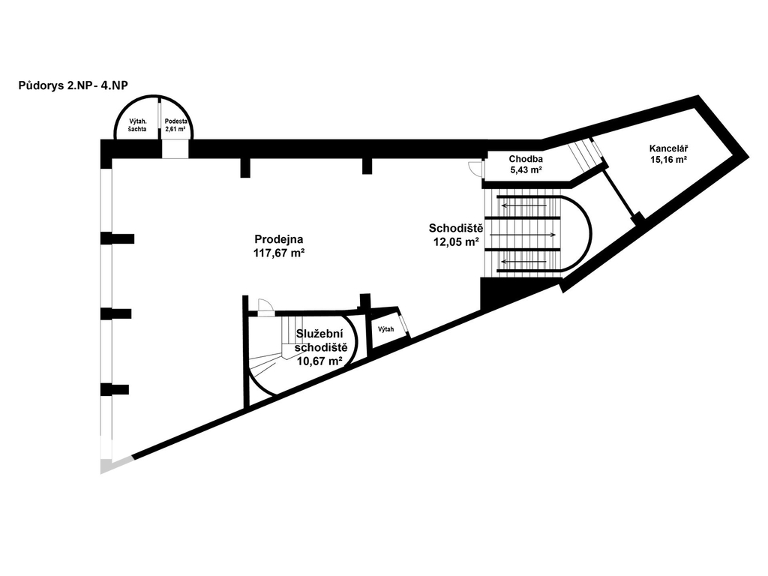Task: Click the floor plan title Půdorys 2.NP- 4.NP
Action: [x=73, y=85]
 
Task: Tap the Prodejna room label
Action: [x=279, y=239]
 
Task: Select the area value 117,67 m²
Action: [x=279, y=253]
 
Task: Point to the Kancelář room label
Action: [x=667, y=148]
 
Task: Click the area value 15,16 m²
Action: [x=668, y=160]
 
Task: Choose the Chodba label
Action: [x=526, y=159]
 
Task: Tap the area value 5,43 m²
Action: [x=526, y=170]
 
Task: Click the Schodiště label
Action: [x=456, y=228]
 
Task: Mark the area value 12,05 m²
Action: [x=456, y=241]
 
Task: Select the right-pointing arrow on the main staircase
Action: [x=523, y=235]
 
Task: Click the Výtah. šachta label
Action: [x=138, y=125]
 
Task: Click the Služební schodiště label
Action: [x=322, y=341]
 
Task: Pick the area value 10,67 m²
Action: [x=319, y=361]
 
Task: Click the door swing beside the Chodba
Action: [x=475, y=169]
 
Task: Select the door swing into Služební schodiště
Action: [x=265, y=306]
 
